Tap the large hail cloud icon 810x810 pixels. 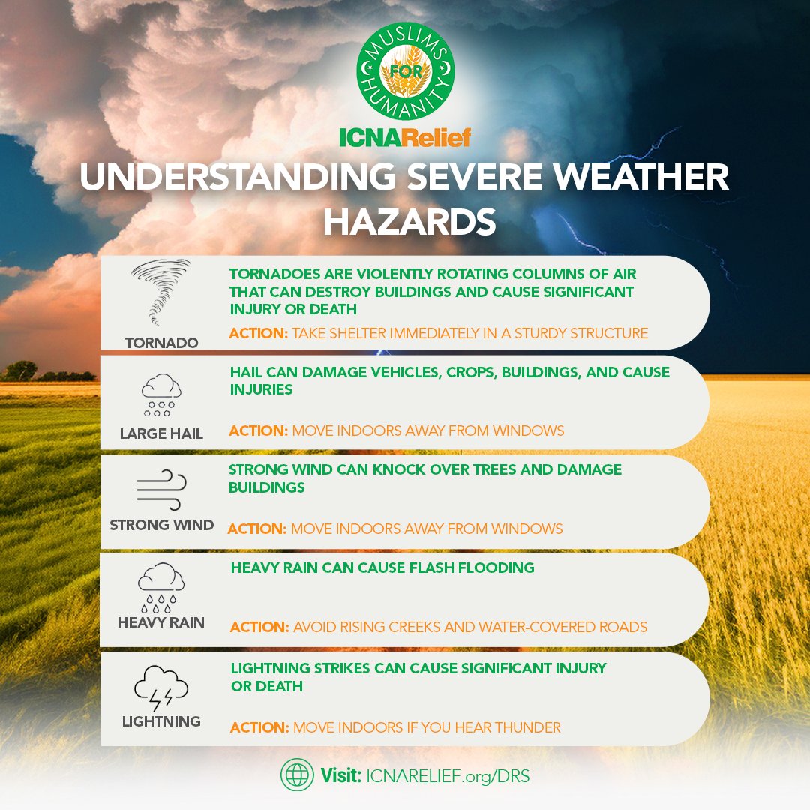coord(161,395)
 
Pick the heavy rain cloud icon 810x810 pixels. coord(161,587)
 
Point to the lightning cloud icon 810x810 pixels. coord(161,688)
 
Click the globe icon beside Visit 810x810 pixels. coord(297,775)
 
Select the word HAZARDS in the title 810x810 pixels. coord(405,223)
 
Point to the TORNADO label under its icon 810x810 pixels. coord(162,343)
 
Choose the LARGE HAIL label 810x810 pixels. coord(161,433)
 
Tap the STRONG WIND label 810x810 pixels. coord(162,525)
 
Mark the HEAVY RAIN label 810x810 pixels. coord(161,623)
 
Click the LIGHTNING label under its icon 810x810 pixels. coord(161,721)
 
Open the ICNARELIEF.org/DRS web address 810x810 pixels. coord(448,775)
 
